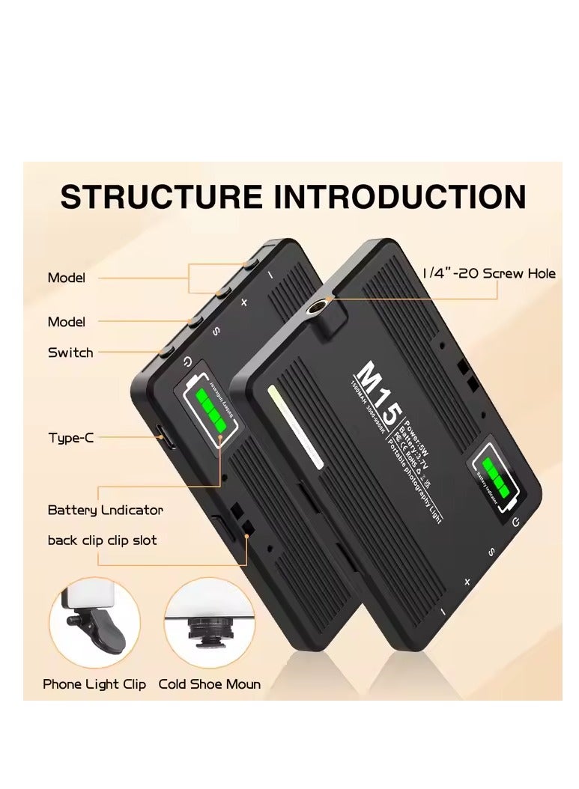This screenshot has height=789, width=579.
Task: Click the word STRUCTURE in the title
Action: tap(162, 197)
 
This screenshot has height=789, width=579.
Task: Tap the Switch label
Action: tap(70, 352)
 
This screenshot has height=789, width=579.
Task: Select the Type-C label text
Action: tap(70, 438)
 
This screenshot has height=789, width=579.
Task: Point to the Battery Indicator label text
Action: tap(106, 511)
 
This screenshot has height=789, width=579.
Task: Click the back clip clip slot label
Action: tap(102, 540)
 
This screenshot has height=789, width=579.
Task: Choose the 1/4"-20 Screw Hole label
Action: tap(488, 274)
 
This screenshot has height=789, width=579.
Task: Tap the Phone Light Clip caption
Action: tap(94, 684)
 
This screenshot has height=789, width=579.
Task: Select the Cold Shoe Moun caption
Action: tap(210, 684)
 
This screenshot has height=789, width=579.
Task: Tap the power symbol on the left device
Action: tap(187, 363)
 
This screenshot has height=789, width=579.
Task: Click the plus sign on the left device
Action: tap(243, 302)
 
